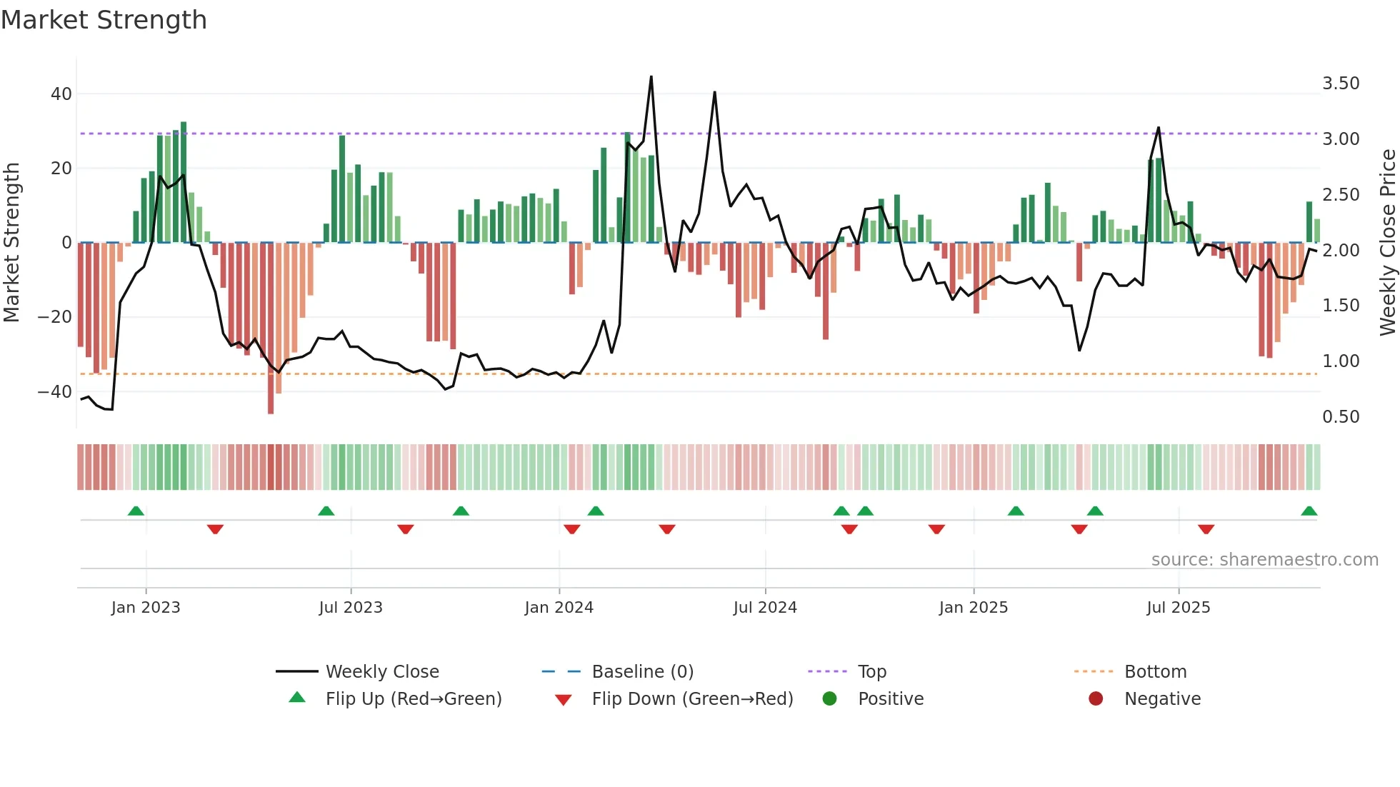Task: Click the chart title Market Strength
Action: click(x=104, y=20)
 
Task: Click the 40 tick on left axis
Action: click(x=61, y=94)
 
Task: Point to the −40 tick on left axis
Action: click(x=55, y=391)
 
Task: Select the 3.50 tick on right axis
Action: click(x=1341, y=84)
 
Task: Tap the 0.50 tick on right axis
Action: click(x=1341, y=416)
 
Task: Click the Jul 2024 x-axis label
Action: click(x=765, y=608)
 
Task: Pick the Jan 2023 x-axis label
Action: click(x=146, y=608)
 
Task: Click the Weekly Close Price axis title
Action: click(x=1387, y=243)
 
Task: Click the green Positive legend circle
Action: click(x=829, y=699)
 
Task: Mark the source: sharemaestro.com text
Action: click(x=1264, y=560)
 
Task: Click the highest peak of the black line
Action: click(x=651, y=76)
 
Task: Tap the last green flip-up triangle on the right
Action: click(x=1309, y=511)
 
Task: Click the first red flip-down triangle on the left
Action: click(x=215, y=529)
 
